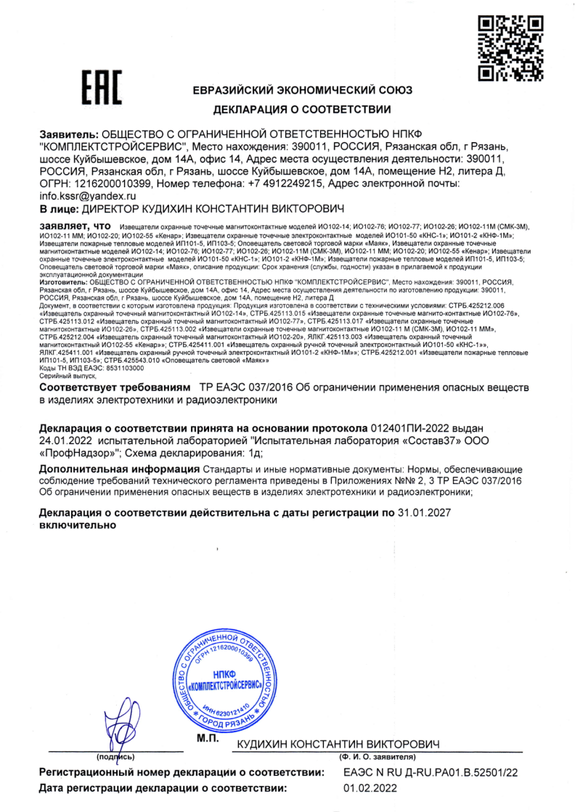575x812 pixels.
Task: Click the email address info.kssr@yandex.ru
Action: pyautogui.click(x=88, y=196)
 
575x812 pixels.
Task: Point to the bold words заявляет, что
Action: pyautogui.click(x=73, y=226)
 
